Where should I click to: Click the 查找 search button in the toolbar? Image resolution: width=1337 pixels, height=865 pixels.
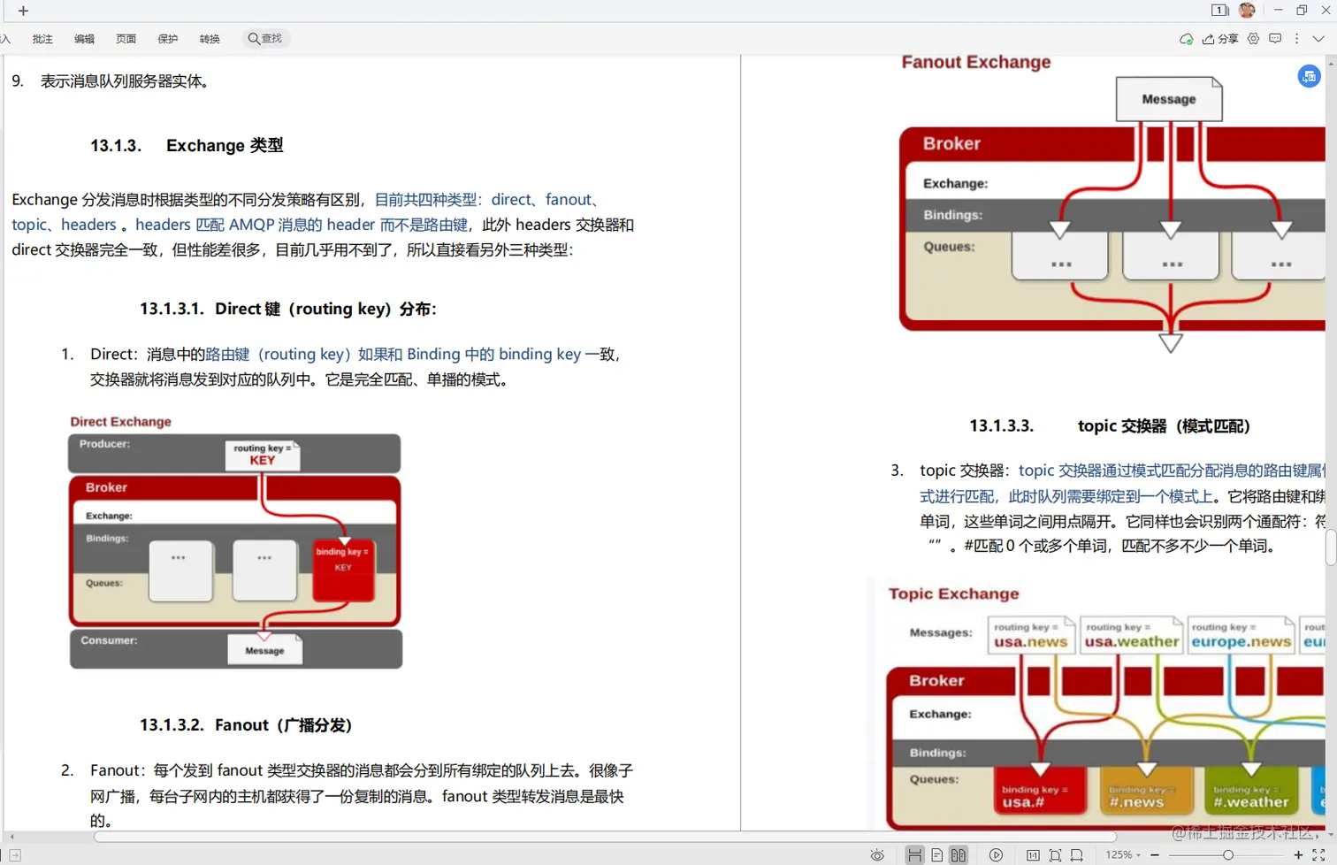pos(265,39)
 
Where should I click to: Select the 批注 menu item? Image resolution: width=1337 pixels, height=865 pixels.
pos(42,39)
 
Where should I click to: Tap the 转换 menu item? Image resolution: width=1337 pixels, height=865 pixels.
pos(210,39)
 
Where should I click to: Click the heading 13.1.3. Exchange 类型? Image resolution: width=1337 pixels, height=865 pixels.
pos(187,146)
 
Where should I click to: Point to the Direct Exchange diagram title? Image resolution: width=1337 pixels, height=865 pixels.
pos(120,422)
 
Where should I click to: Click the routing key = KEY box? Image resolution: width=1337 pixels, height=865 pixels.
pos(263,455)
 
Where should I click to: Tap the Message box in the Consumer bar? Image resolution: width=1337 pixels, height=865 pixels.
pos(264,650)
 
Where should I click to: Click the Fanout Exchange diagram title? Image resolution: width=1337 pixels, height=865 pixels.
pos(975,63)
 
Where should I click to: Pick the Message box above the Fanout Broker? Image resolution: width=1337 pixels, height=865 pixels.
pos(1168,99)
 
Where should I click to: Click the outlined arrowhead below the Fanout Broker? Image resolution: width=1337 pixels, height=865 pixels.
pos(1170,343)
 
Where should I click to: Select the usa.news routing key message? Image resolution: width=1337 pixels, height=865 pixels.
pos(1030,635)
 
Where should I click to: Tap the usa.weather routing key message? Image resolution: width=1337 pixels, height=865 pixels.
pos(1131,635)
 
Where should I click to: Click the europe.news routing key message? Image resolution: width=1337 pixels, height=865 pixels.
pos(1240,635)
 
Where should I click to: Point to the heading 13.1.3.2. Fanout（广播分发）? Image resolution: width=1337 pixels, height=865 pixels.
pos(246,725)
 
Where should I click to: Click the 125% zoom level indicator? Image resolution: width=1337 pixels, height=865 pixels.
pos(1119,855)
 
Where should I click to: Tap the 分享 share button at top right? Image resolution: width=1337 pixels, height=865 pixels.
pos(1220,39)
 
